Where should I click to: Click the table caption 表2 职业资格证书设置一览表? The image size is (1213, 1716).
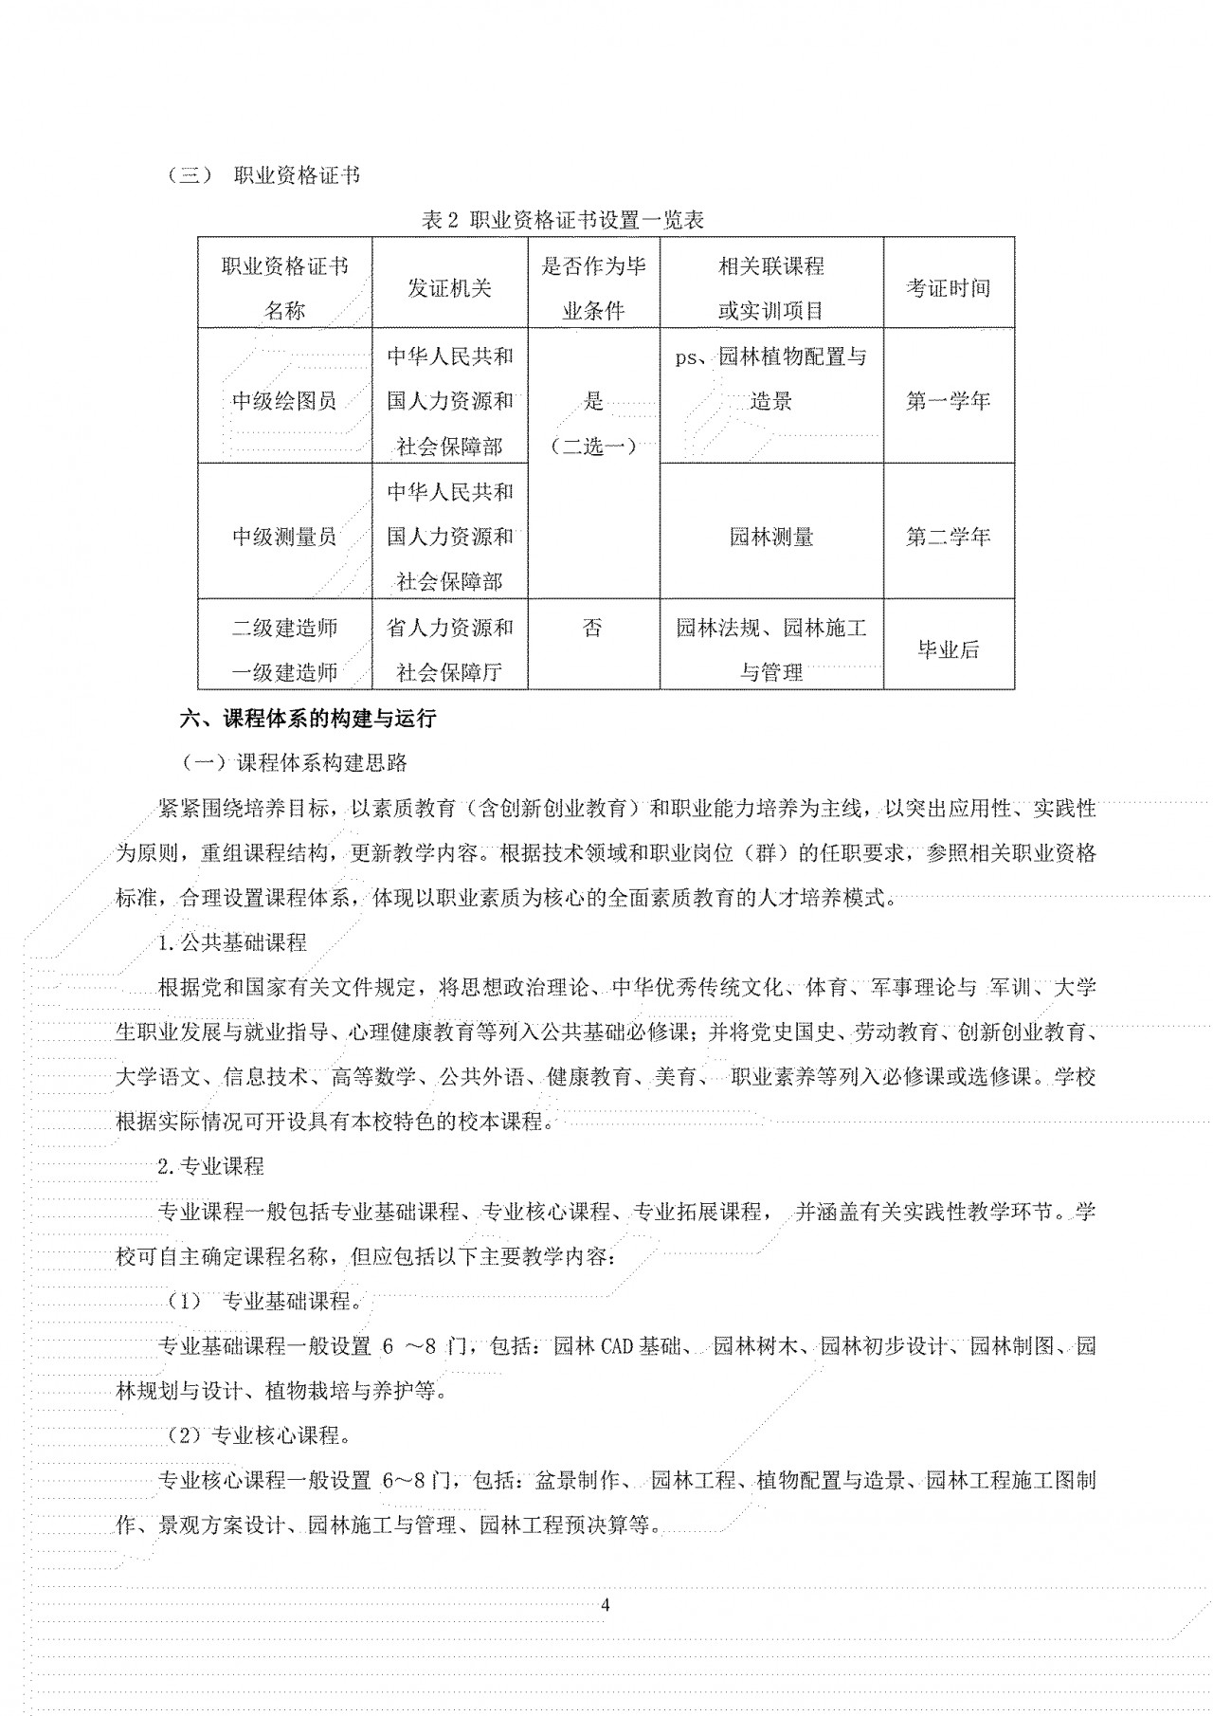click(563, 220)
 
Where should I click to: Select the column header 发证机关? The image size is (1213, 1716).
click(449, 288)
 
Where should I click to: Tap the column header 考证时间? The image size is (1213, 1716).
click(948, 288)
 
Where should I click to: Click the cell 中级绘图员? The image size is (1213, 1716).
click(284, 401)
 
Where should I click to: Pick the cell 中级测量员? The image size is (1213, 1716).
click(284, 537)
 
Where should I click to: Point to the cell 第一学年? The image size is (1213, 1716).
click(948, 401)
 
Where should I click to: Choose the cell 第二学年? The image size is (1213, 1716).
click(948, 537)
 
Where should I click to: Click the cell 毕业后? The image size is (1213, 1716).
click(948, 649)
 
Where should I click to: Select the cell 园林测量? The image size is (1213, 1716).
click(770, 537)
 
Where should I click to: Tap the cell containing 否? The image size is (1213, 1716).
click(592, 628)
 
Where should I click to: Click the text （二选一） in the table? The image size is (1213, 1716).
click(593, 447)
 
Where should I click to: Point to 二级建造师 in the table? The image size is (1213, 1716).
click(284, 628)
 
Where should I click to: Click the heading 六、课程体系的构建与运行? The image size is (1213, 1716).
click(308, 719)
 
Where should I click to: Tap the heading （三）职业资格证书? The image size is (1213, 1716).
click(263, 176)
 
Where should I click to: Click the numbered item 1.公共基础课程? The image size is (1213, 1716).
click(232, 942)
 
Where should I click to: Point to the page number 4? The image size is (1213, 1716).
click(606, 1605)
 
